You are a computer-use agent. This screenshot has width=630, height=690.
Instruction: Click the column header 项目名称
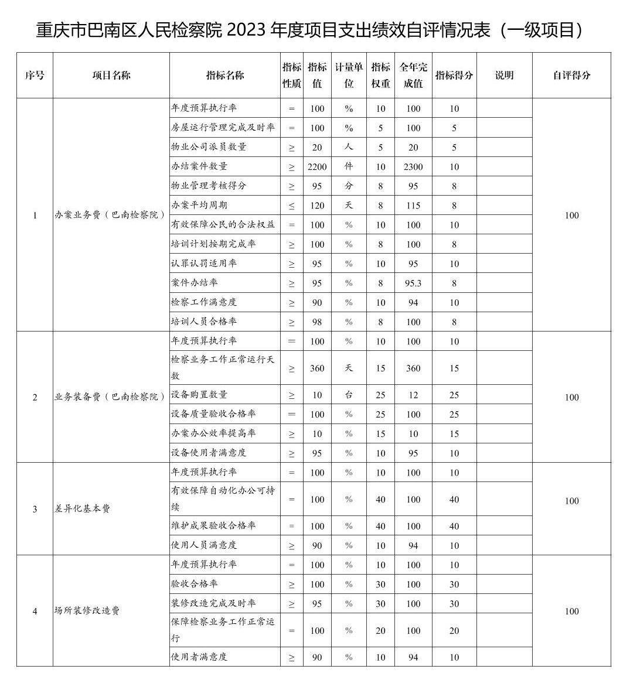(x=111, y=75)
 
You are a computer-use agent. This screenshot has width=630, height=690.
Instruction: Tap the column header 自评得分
(x=571, y=75)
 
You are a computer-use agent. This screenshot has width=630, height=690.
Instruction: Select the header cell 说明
(x=504, y=75)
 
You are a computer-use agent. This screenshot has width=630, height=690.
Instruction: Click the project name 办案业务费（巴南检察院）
(x=110, y=215)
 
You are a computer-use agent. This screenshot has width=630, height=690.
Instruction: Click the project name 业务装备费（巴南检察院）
(x=110, y=397)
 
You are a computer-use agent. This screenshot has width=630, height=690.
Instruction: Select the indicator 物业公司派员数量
(x=209, y=147)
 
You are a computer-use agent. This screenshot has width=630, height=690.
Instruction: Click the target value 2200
(x=317, y=167)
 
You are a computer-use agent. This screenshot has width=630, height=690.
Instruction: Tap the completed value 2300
(x=413, y=167)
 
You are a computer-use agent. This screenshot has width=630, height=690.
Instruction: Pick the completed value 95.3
(x=413, y=283)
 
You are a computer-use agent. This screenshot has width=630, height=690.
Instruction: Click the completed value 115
(x=413, y=206)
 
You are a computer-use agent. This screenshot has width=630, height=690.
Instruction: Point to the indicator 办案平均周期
(x=199, y=205)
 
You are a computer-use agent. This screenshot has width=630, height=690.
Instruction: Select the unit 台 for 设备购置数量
(x=349, y=395)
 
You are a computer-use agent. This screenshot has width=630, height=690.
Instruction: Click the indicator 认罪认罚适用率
(x=204, y=263)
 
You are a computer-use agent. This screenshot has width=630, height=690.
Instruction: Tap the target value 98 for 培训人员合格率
(x=317, y=322)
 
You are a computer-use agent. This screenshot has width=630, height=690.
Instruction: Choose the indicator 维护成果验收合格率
(x=213, y=525)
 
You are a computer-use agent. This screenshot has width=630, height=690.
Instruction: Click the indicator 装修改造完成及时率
(x=213, y=603)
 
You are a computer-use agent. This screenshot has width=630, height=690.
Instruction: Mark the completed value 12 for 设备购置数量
(x=413, y=395)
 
